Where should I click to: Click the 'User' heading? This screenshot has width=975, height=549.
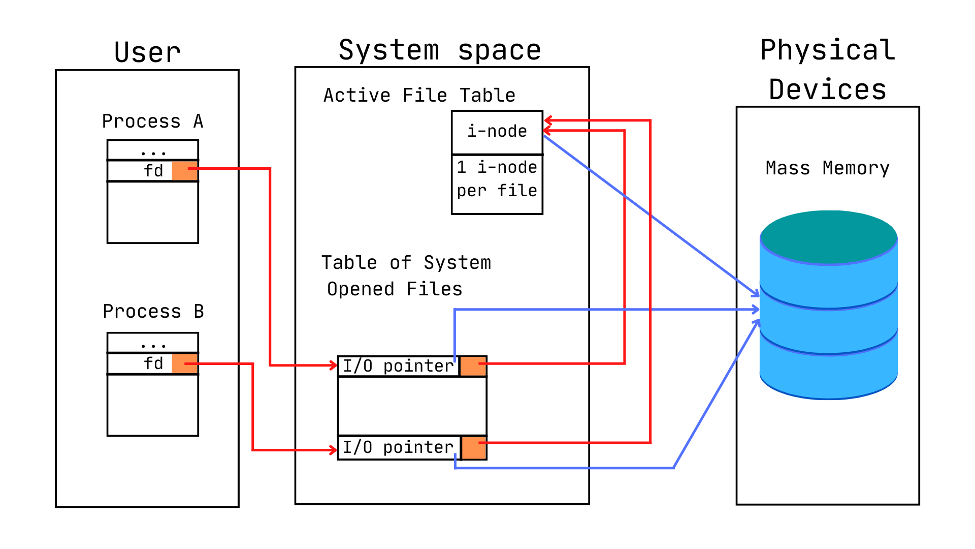[x=147, y=52]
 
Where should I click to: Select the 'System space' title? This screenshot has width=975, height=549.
[x=440, y=50]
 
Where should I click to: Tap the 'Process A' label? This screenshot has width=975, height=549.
[x=152, y=121]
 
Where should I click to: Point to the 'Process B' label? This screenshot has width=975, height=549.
[x=153, y=312]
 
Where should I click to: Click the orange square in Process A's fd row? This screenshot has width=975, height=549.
[x=184, y=171]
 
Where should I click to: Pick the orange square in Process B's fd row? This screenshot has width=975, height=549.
[x=184, y=363]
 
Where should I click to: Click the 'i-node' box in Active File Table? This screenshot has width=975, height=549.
[x=497, y=132]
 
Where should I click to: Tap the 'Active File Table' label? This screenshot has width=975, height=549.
[x=419, y=96]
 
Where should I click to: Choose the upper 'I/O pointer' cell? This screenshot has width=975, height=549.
[x=399, y=366]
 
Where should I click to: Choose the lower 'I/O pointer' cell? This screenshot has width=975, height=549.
[x=399, y=448]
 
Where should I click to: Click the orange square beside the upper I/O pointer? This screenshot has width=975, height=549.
[x=473, y=366]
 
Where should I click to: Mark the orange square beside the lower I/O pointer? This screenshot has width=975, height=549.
[x=474, y=448]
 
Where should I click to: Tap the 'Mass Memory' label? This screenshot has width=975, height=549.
[x=827, y=168]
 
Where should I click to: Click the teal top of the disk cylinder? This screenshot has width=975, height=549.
[x=828, y=236]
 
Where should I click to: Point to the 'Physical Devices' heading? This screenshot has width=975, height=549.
[x=828, y=70]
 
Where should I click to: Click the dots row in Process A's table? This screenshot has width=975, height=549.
[x=153, y=150]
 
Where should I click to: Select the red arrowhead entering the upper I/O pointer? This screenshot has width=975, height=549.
[x=333, y=365]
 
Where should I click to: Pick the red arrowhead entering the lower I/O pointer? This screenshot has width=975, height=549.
[x=333, y=450]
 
